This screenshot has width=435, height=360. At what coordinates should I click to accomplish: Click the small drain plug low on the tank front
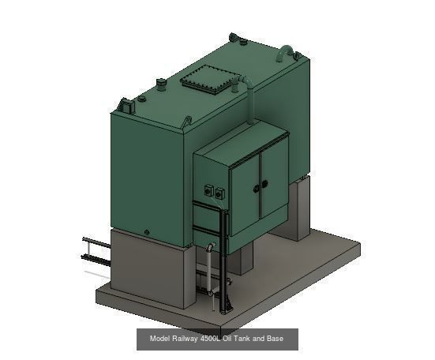click(x=146, y=232)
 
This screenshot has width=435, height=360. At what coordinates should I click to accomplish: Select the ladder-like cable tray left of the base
click(x=93, y=252)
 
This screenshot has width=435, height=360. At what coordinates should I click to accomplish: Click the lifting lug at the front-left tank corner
click(x=125, y=104)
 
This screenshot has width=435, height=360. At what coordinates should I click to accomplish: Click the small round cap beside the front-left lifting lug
click(x=142, y=99)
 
